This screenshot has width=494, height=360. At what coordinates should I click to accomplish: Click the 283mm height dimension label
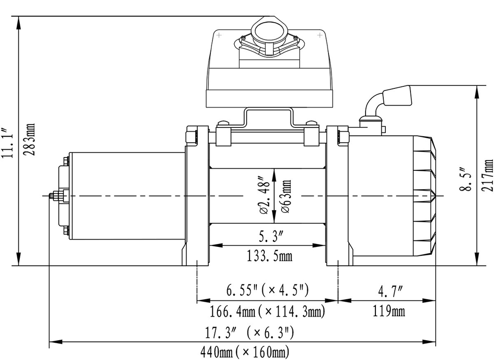(x=31, y=139)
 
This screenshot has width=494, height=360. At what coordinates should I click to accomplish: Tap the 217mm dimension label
(x=488, y=175)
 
